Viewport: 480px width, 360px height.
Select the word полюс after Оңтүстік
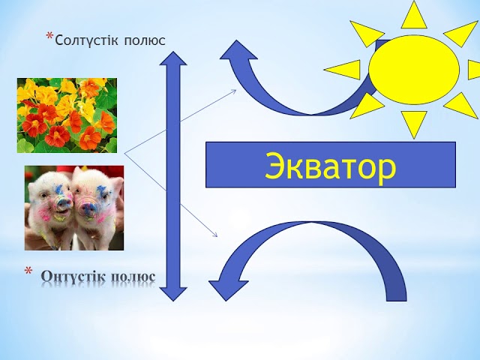coord(133,276)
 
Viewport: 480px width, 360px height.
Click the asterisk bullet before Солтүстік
coord(50,37)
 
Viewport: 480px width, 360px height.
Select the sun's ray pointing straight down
coord(413,121)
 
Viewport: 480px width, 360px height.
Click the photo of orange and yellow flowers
coord(67,115)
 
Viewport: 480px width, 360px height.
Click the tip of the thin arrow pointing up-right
coord(236,91)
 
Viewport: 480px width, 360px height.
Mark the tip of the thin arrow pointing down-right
coord(218,238)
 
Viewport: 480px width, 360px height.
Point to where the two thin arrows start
coord(124,154)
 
